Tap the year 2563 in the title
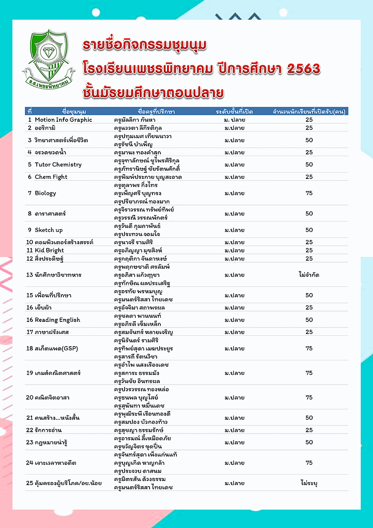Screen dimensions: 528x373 point(304,69)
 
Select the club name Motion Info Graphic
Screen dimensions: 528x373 point(63,120)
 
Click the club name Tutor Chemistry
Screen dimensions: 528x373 point(58,165)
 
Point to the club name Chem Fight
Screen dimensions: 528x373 point(51,177)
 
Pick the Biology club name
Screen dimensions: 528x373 point(46,193)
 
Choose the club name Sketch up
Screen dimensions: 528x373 point(49,230)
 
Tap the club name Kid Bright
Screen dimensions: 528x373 point(49,251)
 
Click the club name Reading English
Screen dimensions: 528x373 point(57,320)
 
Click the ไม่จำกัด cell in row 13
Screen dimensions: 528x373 point(309,275)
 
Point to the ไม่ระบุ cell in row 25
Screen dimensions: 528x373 point(309,483)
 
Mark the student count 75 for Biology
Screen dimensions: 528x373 point(309,193)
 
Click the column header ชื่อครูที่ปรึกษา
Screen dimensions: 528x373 point(156,112)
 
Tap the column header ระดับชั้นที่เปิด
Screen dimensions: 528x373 point(234,112)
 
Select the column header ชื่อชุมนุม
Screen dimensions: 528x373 point(74,112)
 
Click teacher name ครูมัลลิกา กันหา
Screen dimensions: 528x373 point(135,120)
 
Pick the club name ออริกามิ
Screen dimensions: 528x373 point(45,128)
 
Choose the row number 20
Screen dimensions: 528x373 point(29,398)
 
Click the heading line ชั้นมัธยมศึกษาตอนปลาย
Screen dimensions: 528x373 point(153,93)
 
